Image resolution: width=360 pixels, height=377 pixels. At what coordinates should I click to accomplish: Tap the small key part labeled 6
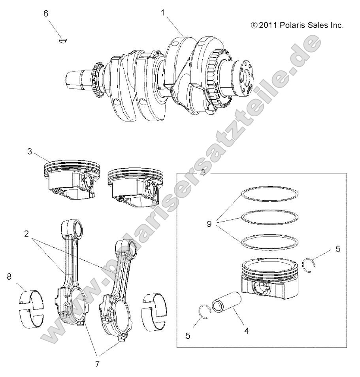point(62,39)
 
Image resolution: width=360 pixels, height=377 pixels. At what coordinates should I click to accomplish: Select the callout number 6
point(46,13)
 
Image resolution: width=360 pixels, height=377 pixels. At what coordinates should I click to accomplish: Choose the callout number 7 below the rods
point(97,364)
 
